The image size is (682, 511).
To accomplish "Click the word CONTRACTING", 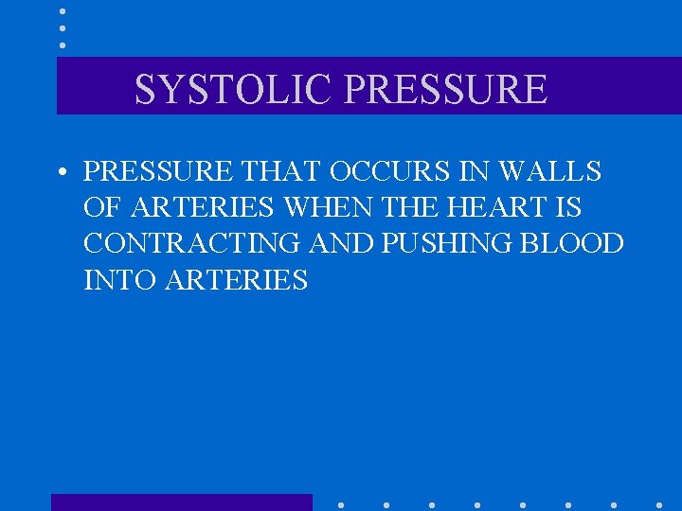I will tap(195, 243).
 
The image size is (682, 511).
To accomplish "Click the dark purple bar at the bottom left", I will tap(181, 502).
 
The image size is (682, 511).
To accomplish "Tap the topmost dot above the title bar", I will tap(62, 11).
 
